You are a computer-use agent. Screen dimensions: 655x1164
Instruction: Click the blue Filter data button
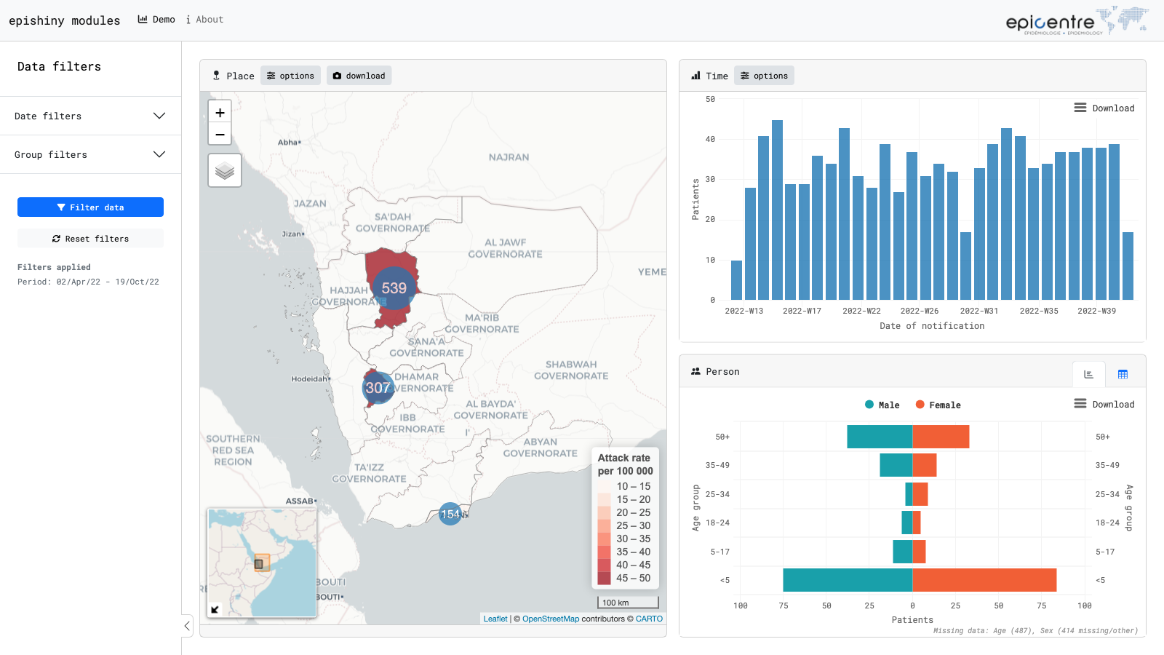pos(90,207)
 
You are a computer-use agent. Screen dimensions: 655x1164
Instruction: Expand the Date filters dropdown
pos(90,116)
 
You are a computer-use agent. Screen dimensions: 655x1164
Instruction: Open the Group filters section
pos(90,154)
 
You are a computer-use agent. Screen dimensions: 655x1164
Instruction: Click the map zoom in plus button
pos(220,112)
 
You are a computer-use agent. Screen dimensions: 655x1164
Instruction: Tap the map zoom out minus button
pos(220,135)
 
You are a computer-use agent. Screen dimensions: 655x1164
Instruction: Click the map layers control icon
pos(225,170)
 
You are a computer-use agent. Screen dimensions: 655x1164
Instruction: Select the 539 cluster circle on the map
pos(394,288)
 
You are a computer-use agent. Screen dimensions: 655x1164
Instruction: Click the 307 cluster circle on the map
pos(378,388)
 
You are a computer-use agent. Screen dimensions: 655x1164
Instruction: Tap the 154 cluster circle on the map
pos(450,514)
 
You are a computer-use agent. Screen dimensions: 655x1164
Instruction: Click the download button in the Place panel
pos(359,76)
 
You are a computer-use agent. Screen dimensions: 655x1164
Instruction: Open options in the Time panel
pos(764,76)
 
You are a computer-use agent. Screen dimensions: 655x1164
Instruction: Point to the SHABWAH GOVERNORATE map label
pos(571,370)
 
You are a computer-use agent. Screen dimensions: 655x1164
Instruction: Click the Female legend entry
pos(938,405)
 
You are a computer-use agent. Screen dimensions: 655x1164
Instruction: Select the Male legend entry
pos(882,405)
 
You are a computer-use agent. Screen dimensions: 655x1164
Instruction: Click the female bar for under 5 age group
pos(984,580)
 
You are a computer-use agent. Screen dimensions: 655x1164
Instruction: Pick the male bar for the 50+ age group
pos(880,437)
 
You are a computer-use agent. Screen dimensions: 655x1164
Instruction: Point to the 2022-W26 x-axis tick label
pos(920,311)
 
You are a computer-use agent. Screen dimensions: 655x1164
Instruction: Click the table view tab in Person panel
pos(1123,374)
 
